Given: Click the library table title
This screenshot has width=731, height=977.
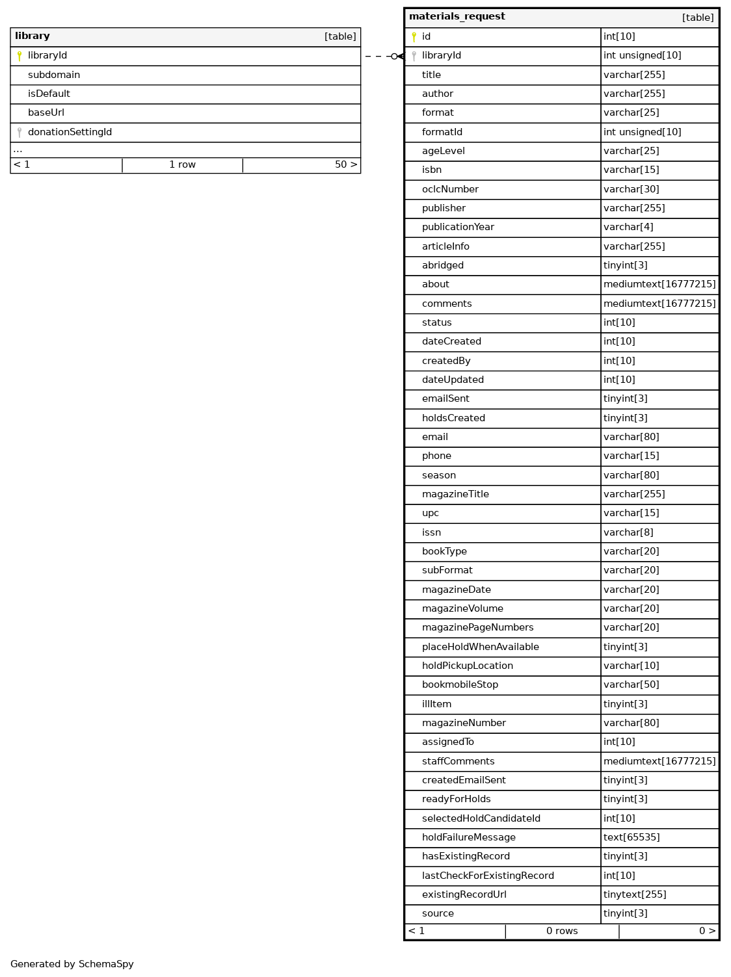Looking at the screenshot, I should tap(33, 36).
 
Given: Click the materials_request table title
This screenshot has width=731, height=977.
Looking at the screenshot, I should tap(457, 17).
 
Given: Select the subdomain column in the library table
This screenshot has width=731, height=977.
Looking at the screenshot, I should tap(54, 75).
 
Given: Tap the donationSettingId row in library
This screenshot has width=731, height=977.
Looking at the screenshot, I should tap(70, 132).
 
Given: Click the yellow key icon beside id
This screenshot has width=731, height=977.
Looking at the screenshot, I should tap(414, 37).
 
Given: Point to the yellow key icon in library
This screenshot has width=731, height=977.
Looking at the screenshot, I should tap(20, 56).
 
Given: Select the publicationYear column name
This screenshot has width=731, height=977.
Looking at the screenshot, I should tap(458, 227).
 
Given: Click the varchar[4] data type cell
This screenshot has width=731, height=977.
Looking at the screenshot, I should tap(628, 227).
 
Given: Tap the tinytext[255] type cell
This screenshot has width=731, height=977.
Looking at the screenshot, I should tap(635, 894).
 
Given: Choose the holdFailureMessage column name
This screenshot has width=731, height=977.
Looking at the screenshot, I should tap(468, 837).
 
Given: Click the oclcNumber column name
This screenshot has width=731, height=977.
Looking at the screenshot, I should tap(450, 189).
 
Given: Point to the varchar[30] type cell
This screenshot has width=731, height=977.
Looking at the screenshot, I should tap(631, 189).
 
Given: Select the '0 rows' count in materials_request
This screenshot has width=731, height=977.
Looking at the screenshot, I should tap(562, 931).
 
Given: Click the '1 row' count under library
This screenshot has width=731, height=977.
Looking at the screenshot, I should tap(182, 164).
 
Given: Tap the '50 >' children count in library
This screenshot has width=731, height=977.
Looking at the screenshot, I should tap(346, 164).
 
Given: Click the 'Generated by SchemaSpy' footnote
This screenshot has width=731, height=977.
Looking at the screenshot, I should tap(72, 964).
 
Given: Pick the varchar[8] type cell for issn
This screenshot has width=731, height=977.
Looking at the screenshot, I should tap(628, 532).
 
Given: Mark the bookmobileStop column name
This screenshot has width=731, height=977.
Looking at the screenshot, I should tap(460, 684).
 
